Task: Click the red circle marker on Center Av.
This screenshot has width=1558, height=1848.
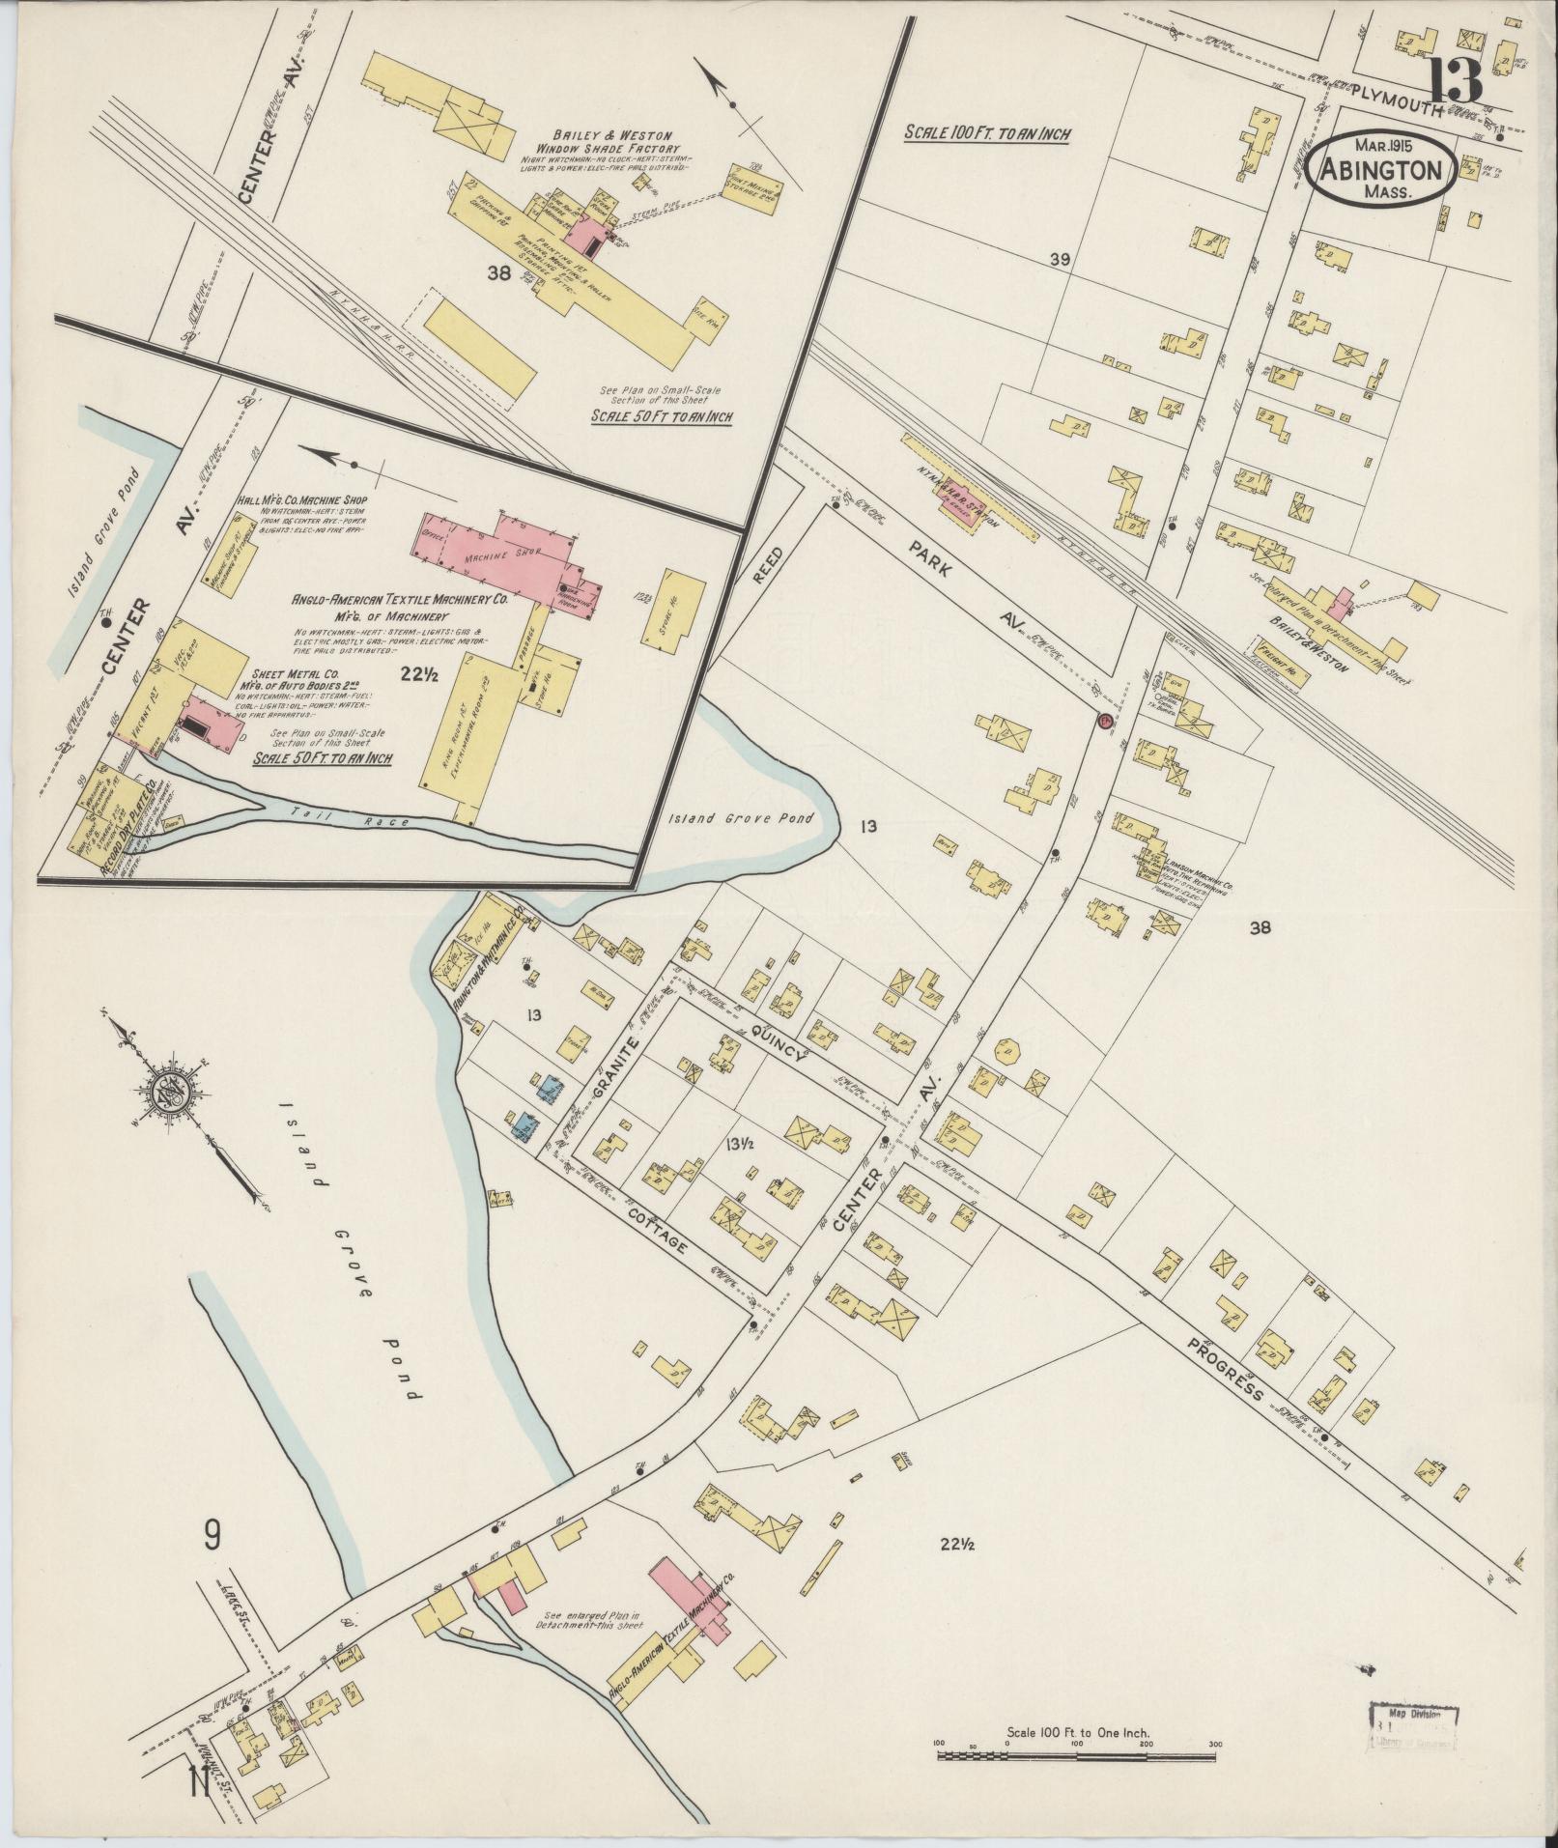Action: click(1103, 721)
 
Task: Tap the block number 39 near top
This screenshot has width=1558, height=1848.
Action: click(1061, 259)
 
